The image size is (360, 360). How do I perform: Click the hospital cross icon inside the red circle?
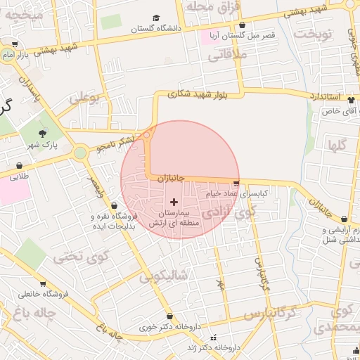(174, 202)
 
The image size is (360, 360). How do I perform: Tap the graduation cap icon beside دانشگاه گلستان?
(156, 19)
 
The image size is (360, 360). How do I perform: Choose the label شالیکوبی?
(164, 276)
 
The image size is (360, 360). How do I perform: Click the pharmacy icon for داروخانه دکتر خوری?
(169, 316)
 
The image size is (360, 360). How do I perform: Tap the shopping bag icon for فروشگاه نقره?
(95, 205)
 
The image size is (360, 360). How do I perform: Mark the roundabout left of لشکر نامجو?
(81, 151)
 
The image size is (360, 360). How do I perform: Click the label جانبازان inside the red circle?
(169, 179)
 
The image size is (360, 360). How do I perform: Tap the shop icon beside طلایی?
(19, 166)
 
